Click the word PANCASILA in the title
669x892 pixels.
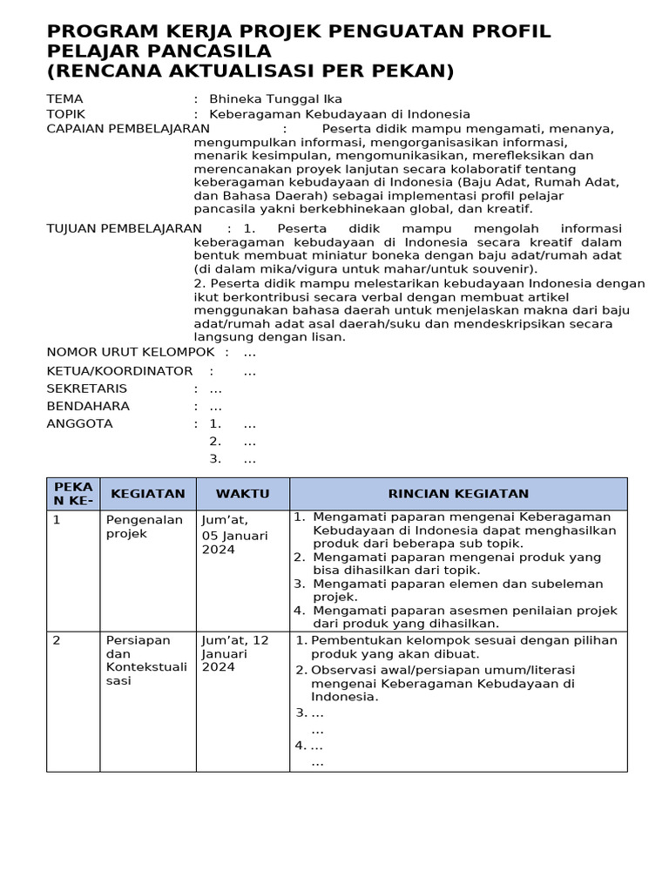[206, 51]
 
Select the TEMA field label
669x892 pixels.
[64, 99]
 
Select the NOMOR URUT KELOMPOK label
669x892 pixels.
[130, 352]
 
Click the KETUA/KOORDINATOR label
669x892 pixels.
[119, 371]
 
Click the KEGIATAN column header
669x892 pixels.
[147, 494]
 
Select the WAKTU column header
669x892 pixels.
[242, 494]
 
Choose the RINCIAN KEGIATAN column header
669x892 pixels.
[458, 494]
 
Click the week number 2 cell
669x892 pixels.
[57, 640]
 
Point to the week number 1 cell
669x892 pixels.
[57, 520]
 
